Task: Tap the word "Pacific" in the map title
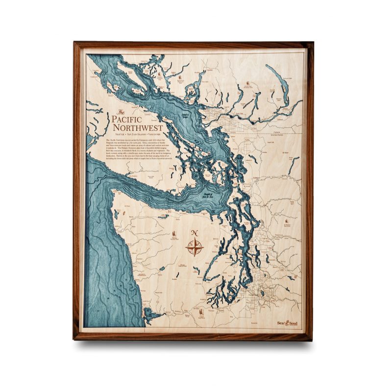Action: coord(127,119)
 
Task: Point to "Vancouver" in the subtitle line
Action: coord(154,134)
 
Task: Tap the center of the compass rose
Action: coord(195,247)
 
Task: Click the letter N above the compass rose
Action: coord(195,232)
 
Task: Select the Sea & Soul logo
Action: coord(287,323)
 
